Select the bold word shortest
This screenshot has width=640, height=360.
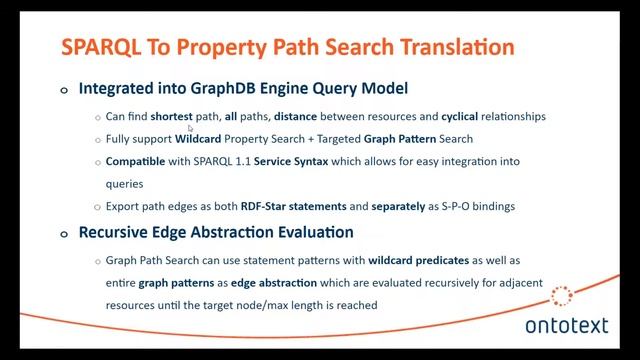[171, 116]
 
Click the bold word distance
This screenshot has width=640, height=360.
[300, 116]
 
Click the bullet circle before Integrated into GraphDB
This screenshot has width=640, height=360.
[64, 90]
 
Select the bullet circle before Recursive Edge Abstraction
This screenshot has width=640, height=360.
[64, 233]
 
